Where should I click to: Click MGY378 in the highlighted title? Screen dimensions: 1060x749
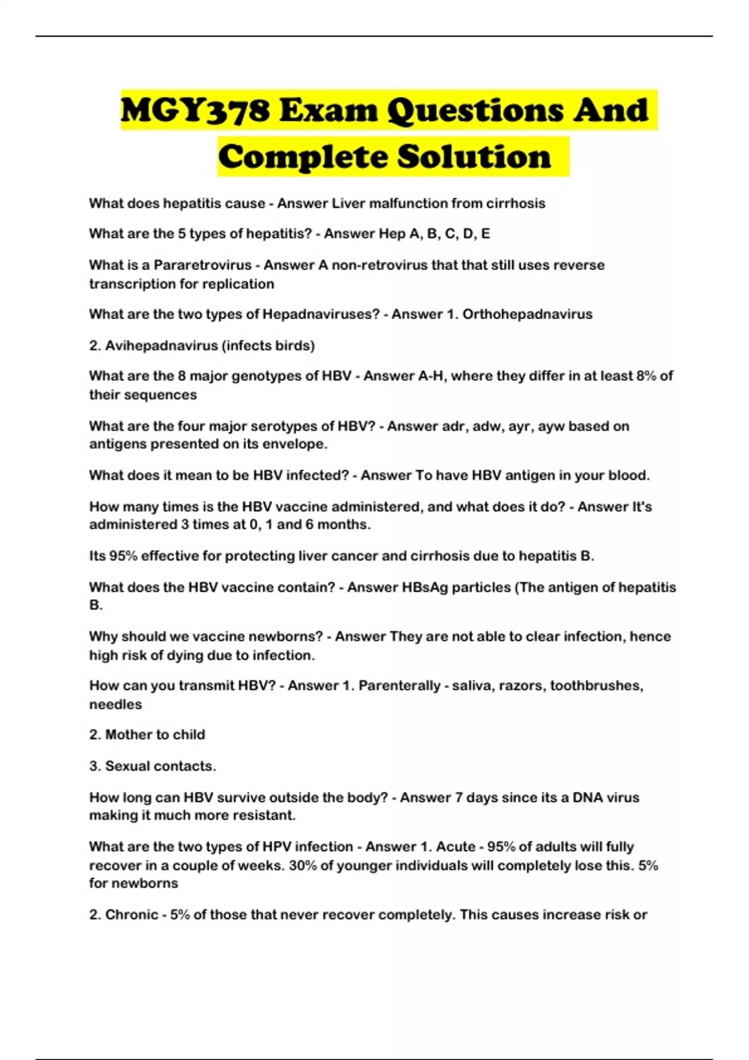click(195, 111)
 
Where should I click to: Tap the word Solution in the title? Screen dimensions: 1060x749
click(474, 157)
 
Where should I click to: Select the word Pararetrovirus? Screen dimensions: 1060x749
click(202, 265)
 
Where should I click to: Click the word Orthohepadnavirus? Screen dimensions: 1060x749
click(527, 314)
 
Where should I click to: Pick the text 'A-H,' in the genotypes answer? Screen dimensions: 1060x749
click(429, 376)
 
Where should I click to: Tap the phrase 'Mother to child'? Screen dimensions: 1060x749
click(155, 735)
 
